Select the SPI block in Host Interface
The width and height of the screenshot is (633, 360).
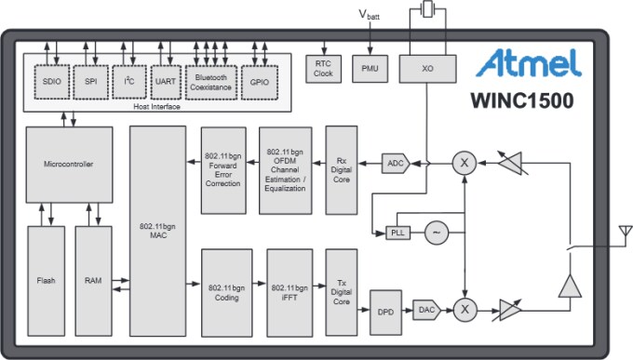click(91, 81)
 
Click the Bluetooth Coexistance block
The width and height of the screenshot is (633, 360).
click(211, 81)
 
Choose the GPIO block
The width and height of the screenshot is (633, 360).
click(258, 81)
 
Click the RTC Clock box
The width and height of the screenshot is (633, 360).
click(323, 68)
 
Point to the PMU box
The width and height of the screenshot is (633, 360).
click(370, 68)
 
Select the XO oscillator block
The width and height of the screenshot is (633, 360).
click(427, 68)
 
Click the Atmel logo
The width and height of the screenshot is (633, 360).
click(529, 63)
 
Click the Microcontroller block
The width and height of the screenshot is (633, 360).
click(69, 165)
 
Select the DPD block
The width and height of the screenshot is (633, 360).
click(384, 310)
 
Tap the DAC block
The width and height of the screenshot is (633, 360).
click(426, 310)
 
